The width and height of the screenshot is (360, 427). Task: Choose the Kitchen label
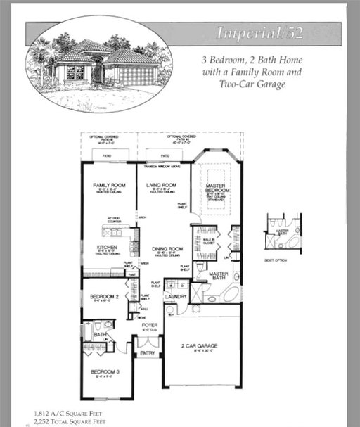pos(107,248)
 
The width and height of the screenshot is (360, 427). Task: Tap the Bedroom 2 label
pos(104,297)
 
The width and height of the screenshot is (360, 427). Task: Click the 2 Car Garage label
pos(200,346)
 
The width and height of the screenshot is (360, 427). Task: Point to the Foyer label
pos(150,325)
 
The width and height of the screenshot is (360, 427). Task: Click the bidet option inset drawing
pos(283,233)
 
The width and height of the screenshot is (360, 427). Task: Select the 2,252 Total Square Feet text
pos(69,421)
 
